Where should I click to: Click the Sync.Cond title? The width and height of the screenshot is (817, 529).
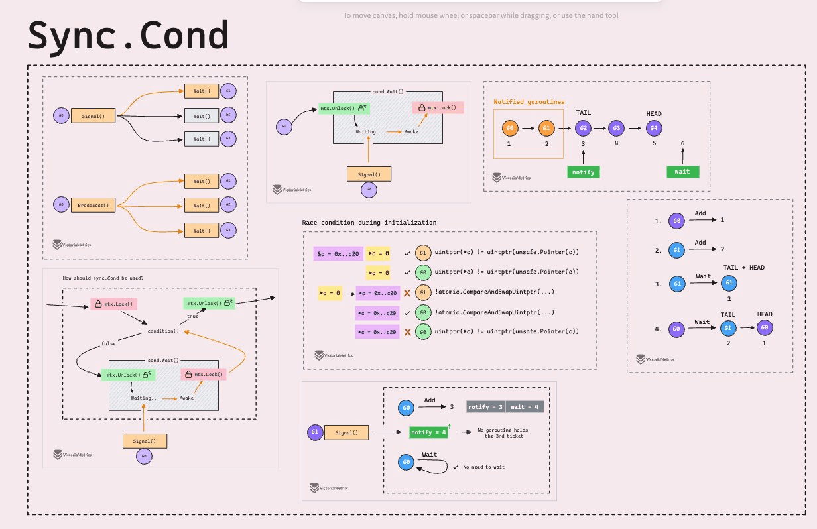[x=128, y=36]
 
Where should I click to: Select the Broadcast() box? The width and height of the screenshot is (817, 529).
[x=94, y=205]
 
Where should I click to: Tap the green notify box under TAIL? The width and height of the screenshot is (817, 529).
[x=583, y=172]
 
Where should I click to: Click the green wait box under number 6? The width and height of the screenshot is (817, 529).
[x=682, y=172]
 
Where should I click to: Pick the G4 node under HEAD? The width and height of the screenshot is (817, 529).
[x=654, y=129]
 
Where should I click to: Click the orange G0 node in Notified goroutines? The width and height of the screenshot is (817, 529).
[x=510, y=129]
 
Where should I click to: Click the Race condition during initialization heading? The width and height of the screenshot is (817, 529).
[x=369, y=223]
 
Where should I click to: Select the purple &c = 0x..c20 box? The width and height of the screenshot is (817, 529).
[x=338, y=253]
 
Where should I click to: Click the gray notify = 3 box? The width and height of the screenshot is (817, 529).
[x=485, y=407]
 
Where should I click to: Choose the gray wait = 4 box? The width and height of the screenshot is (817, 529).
[x=524, y=407]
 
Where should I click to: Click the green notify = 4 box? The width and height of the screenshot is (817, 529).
[x=428, y=432]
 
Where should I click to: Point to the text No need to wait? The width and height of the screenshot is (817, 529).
[x=483, y=467]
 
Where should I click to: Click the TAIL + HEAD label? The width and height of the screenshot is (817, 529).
[x=744, y=267]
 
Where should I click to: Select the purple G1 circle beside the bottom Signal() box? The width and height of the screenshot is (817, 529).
[x=315, y=433]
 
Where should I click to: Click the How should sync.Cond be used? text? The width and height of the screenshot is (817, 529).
[x=103, y=278]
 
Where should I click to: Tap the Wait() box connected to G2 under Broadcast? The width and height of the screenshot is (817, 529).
[x=202, y=206]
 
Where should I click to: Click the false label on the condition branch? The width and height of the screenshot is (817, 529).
[x=107, y=343]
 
